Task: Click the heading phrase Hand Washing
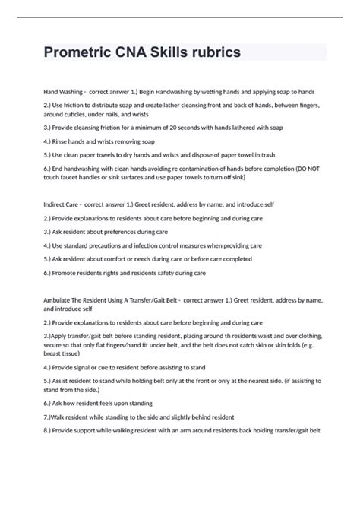coord(63,90)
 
